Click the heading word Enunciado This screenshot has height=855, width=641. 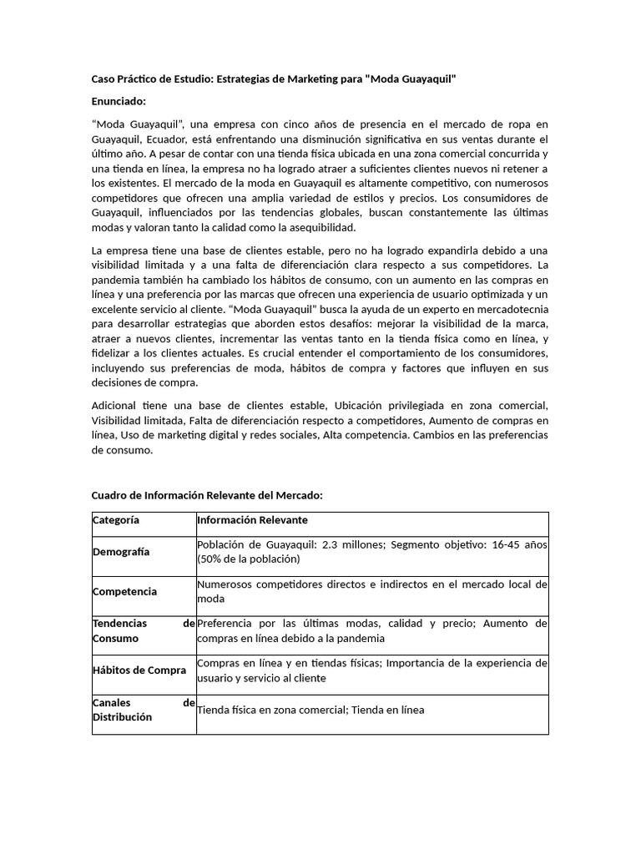[x=118, y=101]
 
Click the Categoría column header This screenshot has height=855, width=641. [x=116, y=520]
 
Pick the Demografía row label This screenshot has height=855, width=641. [x=121, y=552]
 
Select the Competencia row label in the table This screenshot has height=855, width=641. [x=124, y=591]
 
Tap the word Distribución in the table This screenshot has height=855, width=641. [x=122, y=716]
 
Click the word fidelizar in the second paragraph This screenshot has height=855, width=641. [x=113, y=353]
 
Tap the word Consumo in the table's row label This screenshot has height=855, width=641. [x=116, y=638]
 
